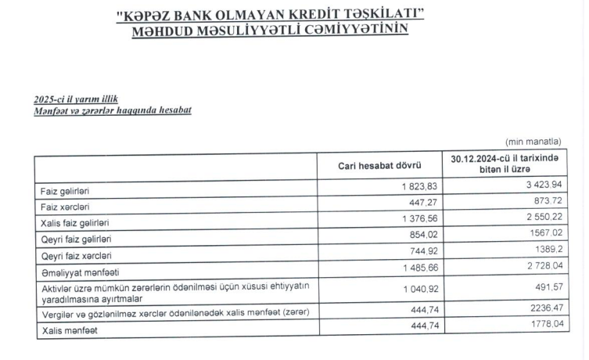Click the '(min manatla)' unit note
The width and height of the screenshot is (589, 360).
[533, 142]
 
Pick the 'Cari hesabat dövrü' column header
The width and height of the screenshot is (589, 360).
[379, 166]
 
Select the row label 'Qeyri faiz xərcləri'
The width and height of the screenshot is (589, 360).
[76, 256]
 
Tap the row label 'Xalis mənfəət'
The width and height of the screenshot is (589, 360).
[66, 332]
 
